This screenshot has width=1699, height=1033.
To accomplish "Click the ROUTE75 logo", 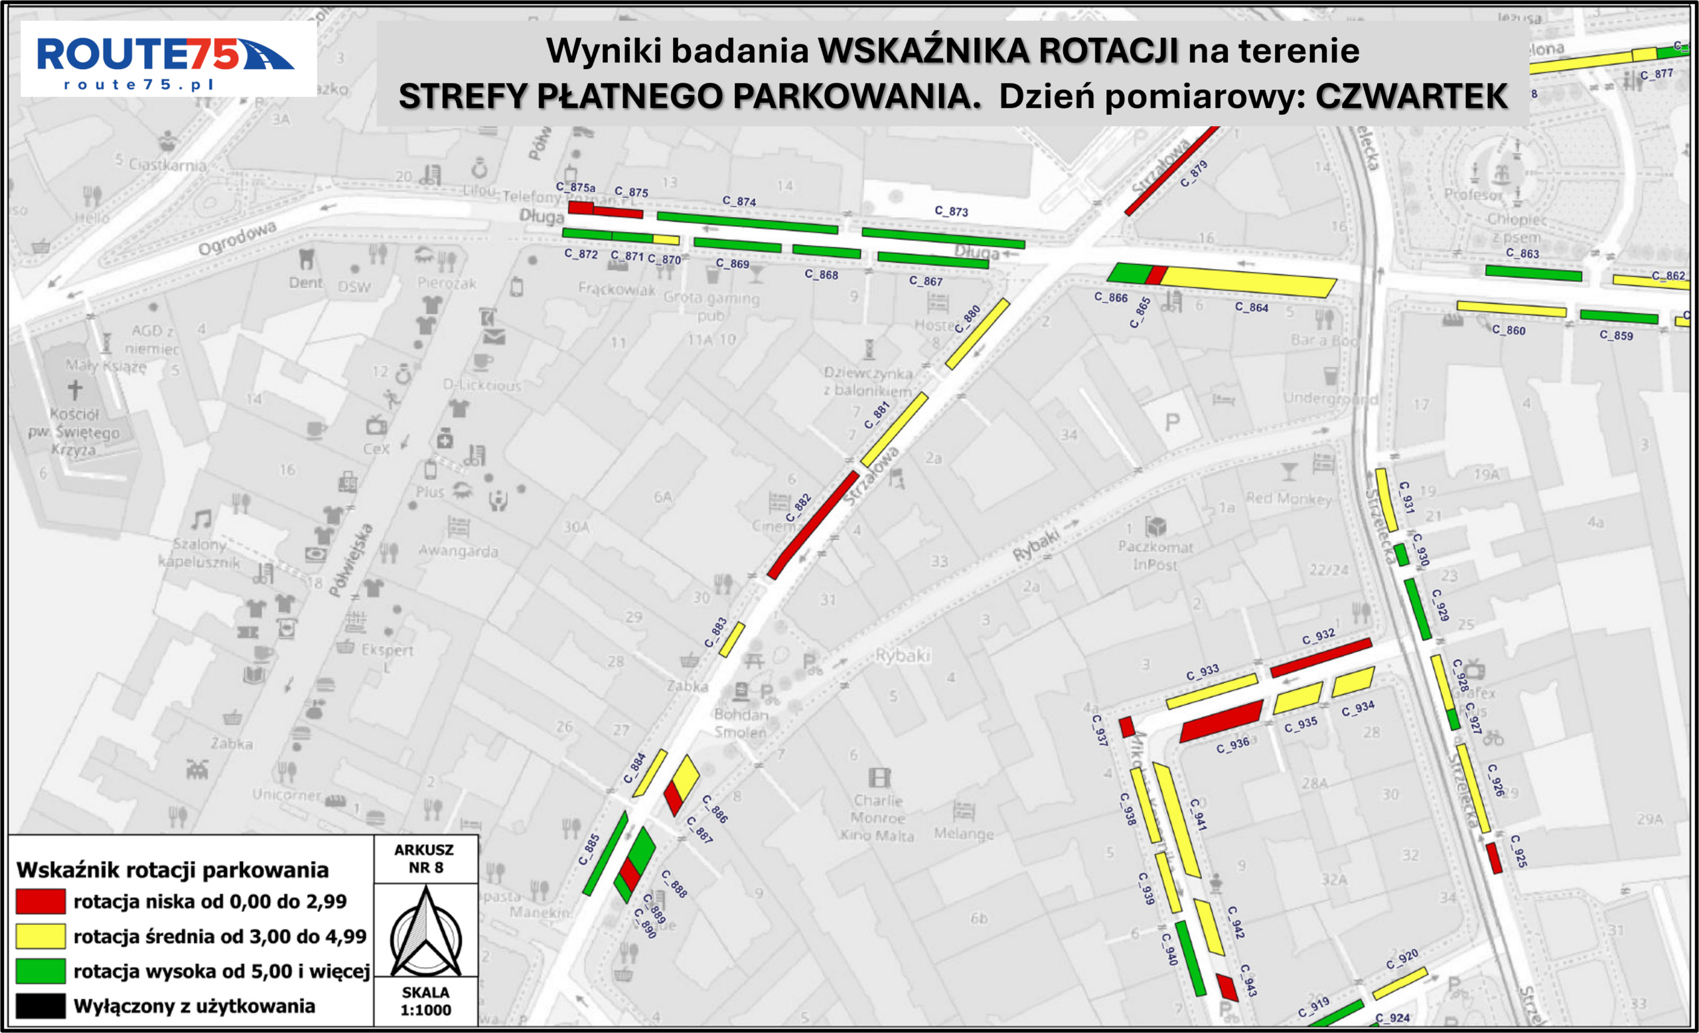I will (165, 58).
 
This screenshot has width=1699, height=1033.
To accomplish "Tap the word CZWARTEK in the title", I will (1411, 96).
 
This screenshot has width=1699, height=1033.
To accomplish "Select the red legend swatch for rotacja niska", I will (40, 902).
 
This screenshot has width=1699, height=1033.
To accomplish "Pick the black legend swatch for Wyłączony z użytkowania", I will (40, 1006).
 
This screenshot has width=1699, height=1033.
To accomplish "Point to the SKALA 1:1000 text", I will (425, 1001).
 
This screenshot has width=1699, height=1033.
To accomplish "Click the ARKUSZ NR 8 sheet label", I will (425, 858).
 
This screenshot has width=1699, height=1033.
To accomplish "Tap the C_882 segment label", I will (798, 507).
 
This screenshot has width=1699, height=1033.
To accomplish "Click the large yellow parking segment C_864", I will (1248, 282).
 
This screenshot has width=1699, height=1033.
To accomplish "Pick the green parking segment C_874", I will (747, 224).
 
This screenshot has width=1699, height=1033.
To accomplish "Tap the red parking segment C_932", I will (1321, 657).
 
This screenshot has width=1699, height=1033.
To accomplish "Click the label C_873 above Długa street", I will (951, 211).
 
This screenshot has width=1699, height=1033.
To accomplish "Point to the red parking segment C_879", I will (1171, 171).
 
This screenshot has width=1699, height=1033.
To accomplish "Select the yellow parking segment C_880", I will (977, 334).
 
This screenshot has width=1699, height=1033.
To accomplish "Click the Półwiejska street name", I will (351, 559).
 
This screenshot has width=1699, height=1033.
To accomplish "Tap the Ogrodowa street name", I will (237, 238).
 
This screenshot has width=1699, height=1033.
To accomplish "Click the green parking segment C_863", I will (1533, 273).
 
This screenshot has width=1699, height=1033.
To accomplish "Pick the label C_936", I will (1232, 746).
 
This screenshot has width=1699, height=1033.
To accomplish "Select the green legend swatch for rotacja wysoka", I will (40, 971).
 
